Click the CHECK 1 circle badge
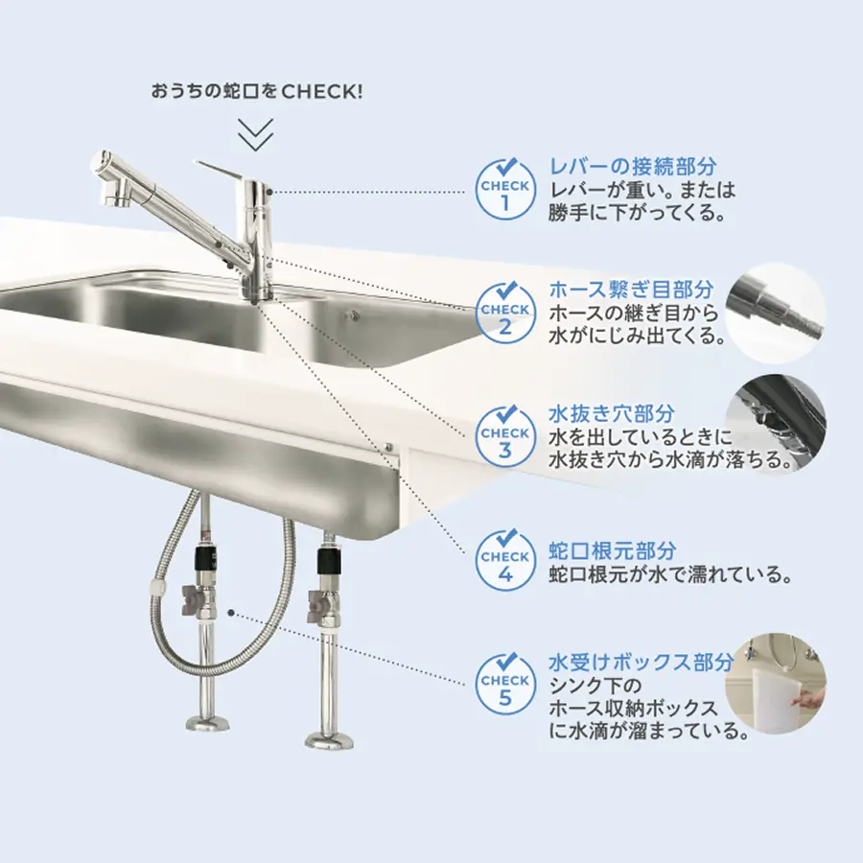[504, 191]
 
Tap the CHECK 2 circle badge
[504, 315]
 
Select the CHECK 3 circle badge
[504, 438]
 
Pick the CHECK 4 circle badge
[504, 561]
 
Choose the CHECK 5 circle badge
[504, 686]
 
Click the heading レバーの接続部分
[633, 166]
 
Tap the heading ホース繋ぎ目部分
[631, 290]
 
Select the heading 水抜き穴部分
[612, 413]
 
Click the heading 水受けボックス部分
[641, 662]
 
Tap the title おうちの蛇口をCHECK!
[257, 91]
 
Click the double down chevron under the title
[256, 134]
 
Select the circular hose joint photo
[775, 314]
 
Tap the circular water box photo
[775, 683]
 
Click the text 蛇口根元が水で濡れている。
[671, 575]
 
